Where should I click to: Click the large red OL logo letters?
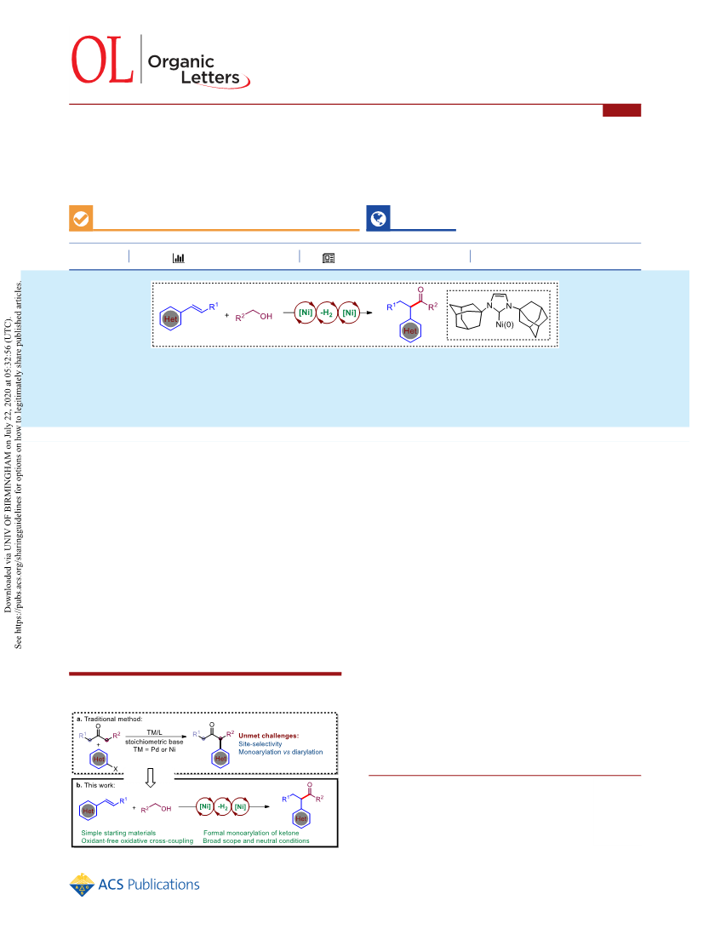click(x=101, y=60)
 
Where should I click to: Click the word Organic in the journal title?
click(x=180, y=62)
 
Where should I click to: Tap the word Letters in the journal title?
click(x=210, y=77)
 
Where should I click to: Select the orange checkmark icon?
click(x=81, y=219)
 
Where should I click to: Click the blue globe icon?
click(x=378, y=219)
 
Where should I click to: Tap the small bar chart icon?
click(x=178, y=258)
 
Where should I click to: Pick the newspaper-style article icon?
click(x=329, y=258)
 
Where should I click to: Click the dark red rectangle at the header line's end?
click(x=621, y=110)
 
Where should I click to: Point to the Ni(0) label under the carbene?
click(x=505, y=324)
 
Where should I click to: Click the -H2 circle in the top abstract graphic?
click(x=327, y=313)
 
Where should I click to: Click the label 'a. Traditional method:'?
click(x=110, y=720)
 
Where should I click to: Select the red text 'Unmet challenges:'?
click(x=268, y=736)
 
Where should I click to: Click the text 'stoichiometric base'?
click(x=154, y=741)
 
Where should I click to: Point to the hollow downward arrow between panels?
click(x=151, y=778)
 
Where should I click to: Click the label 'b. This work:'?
click(x=96, y=785)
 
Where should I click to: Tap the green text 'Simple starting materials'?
click(x=118, y=833)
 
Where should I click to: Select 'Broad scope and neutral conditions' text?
click(x=256, y=840)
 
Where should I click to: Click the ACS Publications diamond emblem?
click(x=82, y=885)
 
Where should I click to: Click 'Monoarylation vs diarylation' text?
click(x=281, y=752)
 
